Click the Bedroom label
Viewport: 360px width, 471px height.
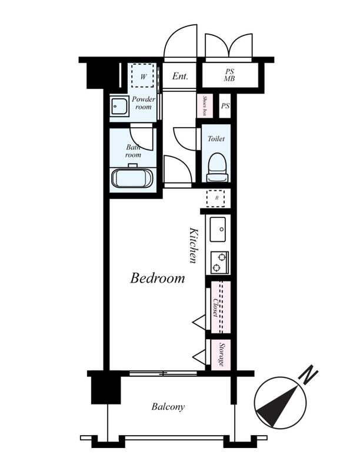tap(158, 278)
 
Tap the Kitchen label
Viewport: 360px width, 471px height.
tap(194, 245)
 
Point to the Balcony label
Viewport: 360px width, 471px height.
tap(168, 407)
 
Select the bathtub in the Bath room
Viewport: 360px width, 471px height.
tap(132, 178)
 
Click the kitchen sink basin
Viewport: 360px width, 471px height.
tap(218, 230)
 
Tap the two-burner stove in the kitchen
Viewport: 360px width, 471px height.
tap(219, 263)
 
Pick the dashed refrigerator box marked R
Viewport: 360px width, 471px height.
tap(215, 198)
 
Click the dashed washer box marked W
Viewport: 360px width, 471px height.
tap(142, 75)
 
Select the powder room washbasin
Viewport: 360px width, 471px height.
tap(119, 106)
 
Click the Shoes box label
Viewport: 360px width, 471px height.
tap(205, 106)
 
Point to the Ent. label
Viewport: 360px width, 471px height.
tap(180, 77)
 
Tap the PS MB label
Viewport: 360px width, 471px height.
tap(229, 75)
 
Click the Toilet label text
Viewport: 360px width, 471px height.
tap(216, 139)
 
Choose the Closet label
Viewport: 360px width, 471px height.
tap(216, 307)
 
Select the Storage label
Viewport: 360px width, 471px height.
tap(222, 354)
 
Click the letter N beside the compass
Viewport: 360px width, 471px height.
tap(308, 374)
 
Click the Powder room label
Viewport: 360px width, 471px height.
tap(144, 102)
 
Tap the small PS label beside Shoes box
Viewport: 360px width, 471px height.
tap(225, 106)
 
